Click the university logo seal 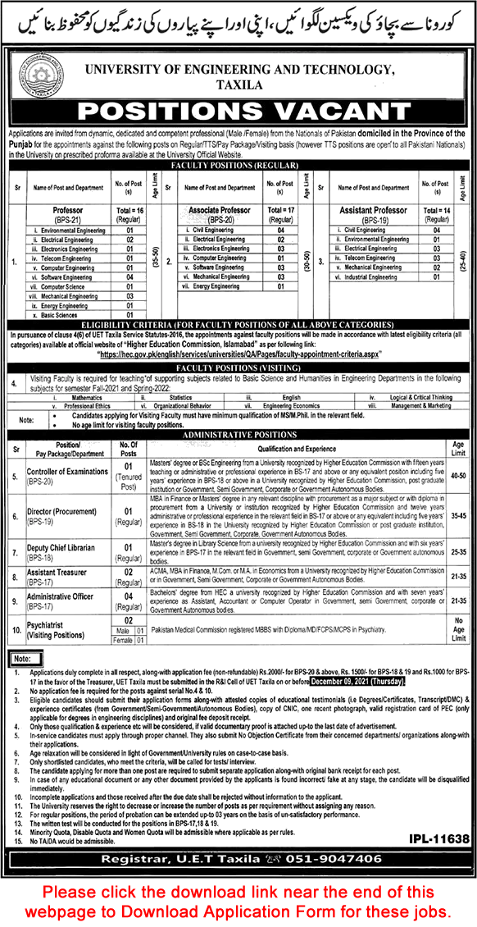click(38, 71)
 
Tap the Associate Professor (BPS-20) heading click(220, 216)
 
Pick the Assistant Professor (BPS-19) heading click(374, 216)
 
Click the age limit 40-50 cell click(457, 474)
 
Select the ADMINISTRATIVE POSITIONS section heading click(238, 436)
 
